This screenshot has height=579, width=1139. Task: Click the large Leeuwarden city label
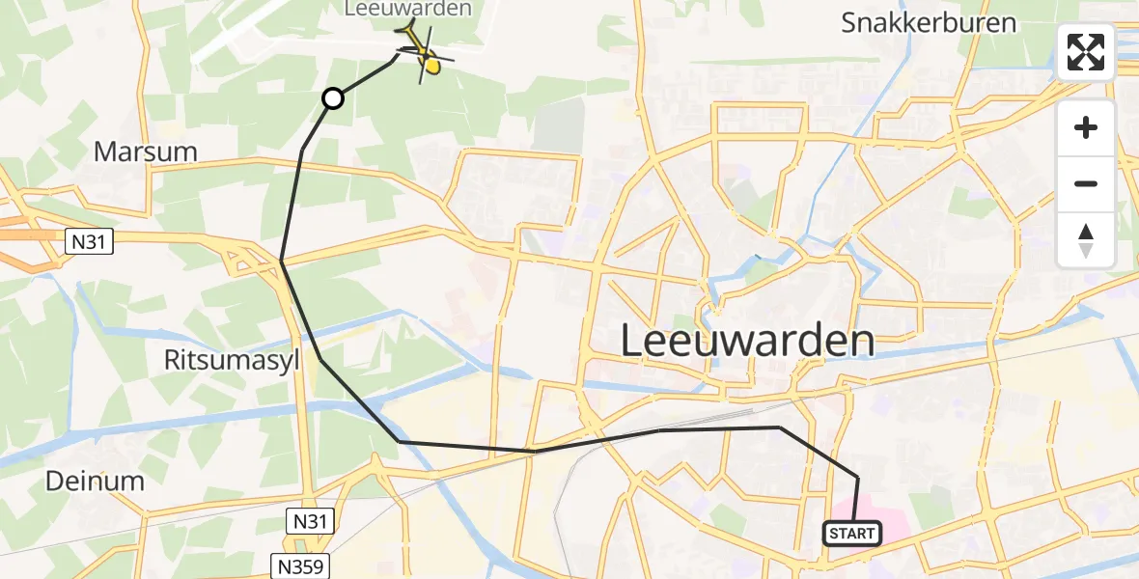pyautogui.click(x=747, y=341)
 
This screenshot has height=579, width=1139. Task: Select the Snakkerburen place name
pyautogui.click(x=929, y=23)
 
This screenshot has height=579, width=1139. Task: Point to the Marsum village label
pyautogui.click(x=146, y=152)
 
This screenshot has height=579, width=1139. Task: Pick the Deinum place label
pyautogui.click(x=96, y=481)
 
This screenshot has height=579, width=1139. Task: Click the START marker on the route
pyautogui.click(x=851, y=533)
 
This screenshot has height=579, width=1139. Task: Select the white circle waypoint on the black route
pyautogui.click(x=332, y=97)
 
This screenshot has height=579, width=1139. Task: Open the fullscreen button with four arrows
pyautogui.click(x=1086, y=52)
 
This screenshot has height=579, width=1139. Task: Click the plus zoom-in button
pyautogui.click(x=1086, y=127)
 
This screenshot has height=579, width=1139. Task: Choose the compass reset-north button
pyautogui.click(x=1086, y=239)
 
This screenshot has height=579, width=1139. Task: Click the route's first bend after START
pyautogui.click(x=857, y=477)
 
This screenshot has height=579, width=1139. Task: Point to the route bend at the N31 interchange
pyautogui.click(x=281, y=261)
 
